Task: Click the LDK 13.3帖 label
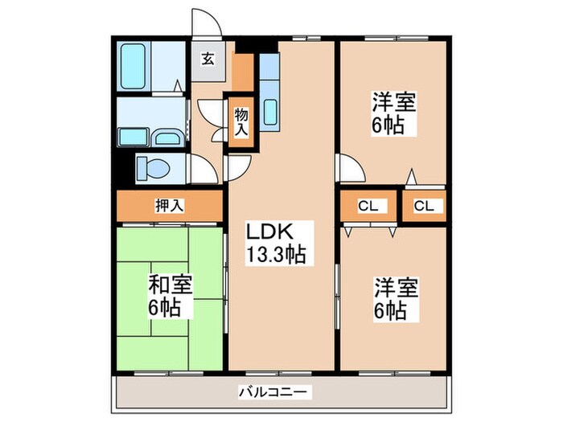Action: tap(274, 243)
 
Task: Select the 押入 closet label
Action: tap(169, 206)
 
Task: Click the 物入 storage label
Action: tap(241, 122)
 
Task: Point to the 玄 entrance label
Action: tap(208, 58)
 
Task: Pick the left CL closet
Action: tap(368, 207)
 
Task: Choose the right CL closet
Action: tap(424, 207)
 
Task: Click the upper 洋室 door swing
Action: tap(351, 168)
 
